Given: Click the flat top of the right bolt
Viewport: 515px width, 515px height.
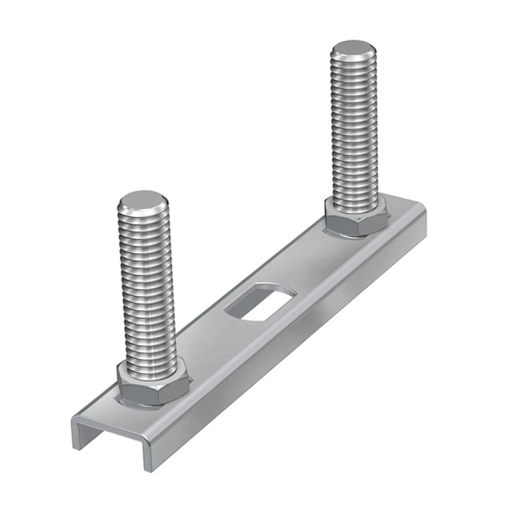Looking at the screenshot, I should (x=353, y=50).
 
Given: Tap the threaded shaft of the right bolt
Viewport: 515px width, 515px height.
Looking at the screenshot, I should (x=355, y=132).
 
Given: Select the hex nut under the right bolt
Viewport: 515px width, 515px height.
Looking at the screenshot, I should (x=357, y=217).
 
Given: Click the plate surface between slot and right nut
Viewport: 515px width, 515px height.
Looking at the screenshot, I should (x=309, y=265).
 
